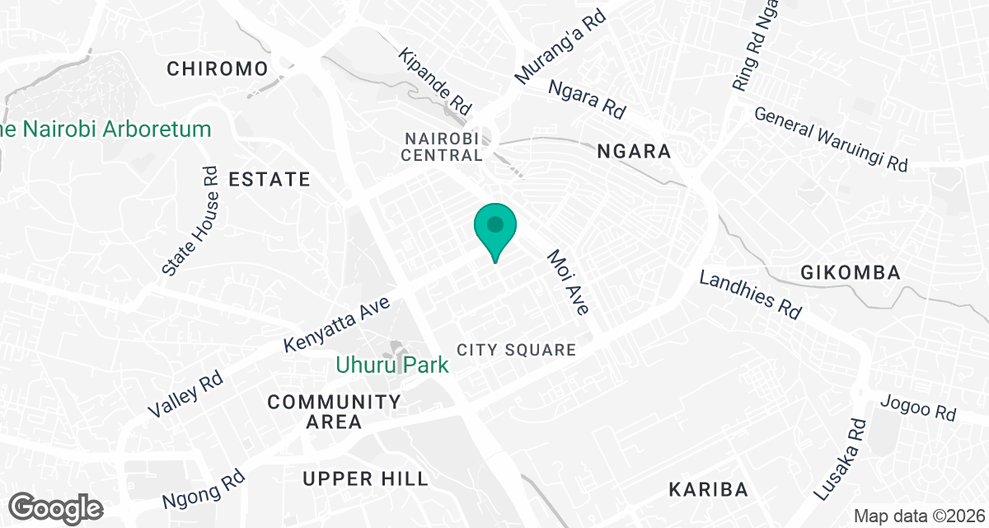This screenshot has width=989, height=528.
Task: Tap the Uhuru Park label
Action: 392,364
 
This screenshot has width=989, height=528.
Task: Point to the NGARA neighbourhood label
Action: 634,152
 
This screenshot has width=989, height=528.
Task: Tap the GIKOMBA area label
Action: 850,273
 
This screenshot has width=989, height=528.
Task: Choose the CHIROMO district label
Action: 218,68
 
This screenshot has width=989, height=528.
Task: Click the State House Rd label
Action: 191,220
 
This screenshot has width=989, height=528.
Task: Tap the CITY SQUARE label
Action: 516,350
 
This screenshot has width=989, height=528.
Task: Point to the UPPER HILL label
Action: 365,478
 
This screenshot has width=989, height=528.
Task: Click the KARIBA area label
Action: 708,489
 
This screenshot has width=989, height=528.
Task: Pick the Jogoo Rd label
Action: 917,408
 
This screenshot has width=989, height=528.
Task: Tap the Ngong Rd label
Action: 204,488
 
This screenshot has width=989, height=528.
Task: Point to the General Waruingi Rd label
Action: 831,139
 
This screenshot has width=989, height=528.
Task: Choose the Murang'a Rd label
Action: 560,46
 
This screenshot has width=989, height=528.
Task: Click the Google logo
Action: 57,507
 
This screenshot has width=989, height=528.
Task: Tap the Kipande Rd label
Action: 434,81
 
